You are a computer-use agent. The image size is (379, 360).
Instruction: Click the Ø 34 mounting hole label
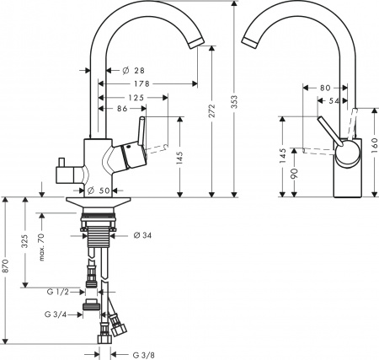(141, 234)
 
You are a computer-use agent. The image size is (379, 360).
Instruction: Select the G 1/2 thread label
(56, 293)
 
